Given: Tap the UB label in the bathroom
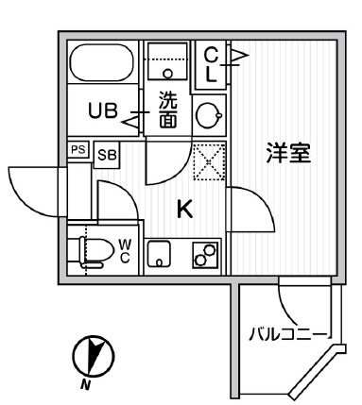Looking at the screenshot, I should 103,110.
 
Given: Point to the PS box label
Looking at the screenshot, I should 78,149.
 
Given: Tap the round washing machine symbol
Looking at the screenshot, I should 207,114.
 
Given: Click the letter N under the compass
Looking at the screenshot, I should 85,384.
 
